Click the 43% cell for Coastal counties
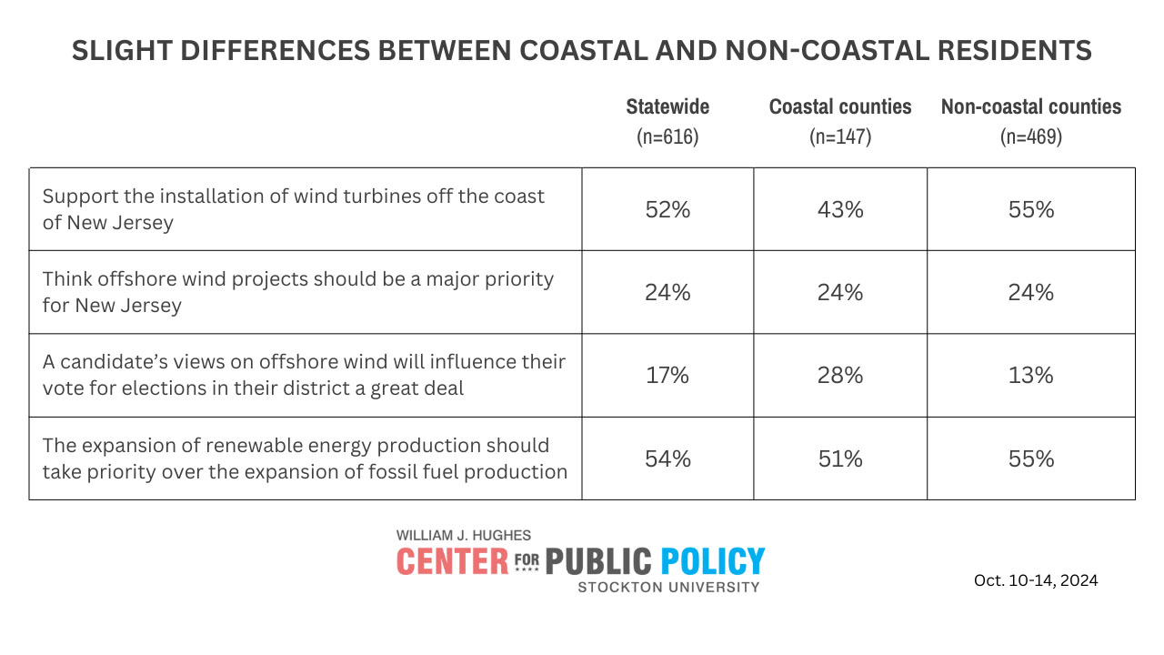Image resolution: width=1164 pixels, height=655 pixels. coord(840,209)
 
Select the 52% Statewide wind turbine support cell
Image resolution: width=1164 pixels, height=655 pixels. coord(667,209)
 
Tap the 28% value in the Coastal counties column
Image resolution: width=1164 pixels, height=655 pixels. coord(840,375)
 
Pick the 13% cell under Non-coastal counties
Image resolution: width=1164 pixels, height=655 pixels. coord(1030,375)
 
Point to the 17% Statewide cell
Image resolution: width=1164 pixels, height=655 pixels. coord(667,375)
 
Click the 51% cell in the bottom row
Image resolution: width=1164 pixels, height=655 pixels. coord(840,458)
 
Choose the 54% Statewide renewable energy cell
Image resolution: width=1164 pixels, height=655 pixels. coord(667,458)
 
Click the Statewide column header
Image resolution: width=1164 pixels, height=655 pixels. coord(667,106)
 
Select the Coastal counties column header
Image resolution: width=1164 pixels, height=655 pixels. coord(840,106)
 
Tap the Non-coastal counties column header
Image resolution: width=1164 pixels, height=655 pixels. coord(1030,106)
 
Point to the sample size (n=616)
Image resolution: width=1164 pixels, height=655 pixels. coord(667,137)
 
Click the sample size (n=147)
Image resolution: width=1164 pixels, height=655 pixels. coord(840,137)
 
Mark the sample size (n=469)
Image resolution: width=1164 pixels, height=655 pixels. coord(1030,137)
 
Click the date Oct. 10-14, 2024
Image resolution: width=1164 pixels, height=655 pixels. coord(1036,580)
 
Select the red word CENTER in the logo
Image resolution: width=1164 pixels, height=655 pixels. coord(452,561)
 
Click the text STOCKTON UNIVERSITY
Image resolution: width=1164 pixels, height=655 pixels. coord(668,587)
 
